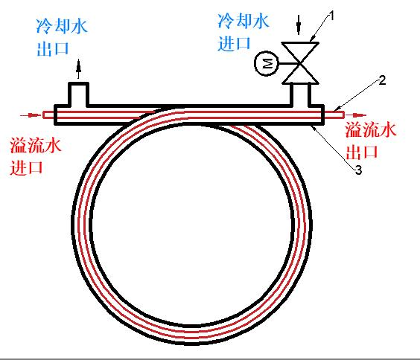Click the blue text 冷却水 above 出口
pyautogui.click(x=62, y=26)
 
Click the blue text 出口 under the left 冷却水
pyautogui.click(x=53, y=48)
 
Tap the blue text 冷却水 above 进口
pyautogui.click(x=244, y=21)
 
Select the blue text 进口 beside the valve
pyautogui.click(x=234, y=43)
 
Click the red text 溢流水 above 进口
pyautogui.click(x=36, y=146)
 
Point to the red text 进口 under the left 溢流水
pyautogui.click(x=27, y=167)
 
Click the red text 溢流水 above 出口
pyautogui.click(x=370, y=129)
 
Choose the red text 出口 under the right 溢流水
pyautogui.click(x=362, y=152)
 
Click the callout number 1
pyautogui.click(x=331, y=16)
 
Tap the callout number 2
pyautogui.click(x=382, y=80)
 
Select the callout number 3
pyautogui.click(x=358, y=170)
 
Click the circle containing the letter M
pyautogui.click(x=267, y=63)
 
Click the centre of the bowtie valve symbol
pyautogui.click(x=300, y=63)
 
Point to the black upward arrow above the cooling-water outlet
pyautogui.click(x=78, y=68)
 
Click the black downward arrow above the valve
pyautogui.click(x=299, y=25)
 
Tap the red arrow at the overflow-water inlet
pyautogui.click(x=30, y=115)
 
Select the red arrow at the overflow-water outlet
pyautogui.click(x=356, y=115)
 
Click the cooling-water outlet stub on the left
pyautogui.click(x=78, y=94)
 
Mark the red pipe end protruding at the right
pyautogui.click(x=334, y=115)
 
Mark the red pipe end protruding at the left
pyautogui.click(x=48, y=115)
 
